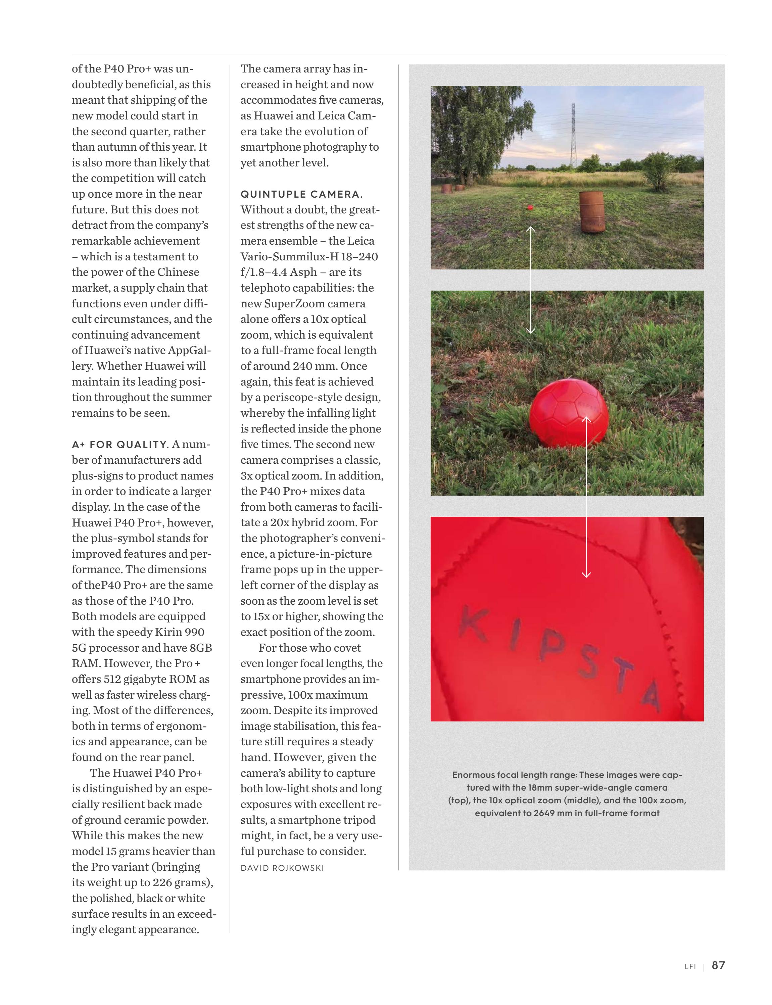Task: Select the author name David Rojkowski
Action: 282,868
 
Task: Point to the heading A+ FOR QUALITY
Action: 119,445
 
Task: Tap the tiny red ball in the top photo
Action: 530,207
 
